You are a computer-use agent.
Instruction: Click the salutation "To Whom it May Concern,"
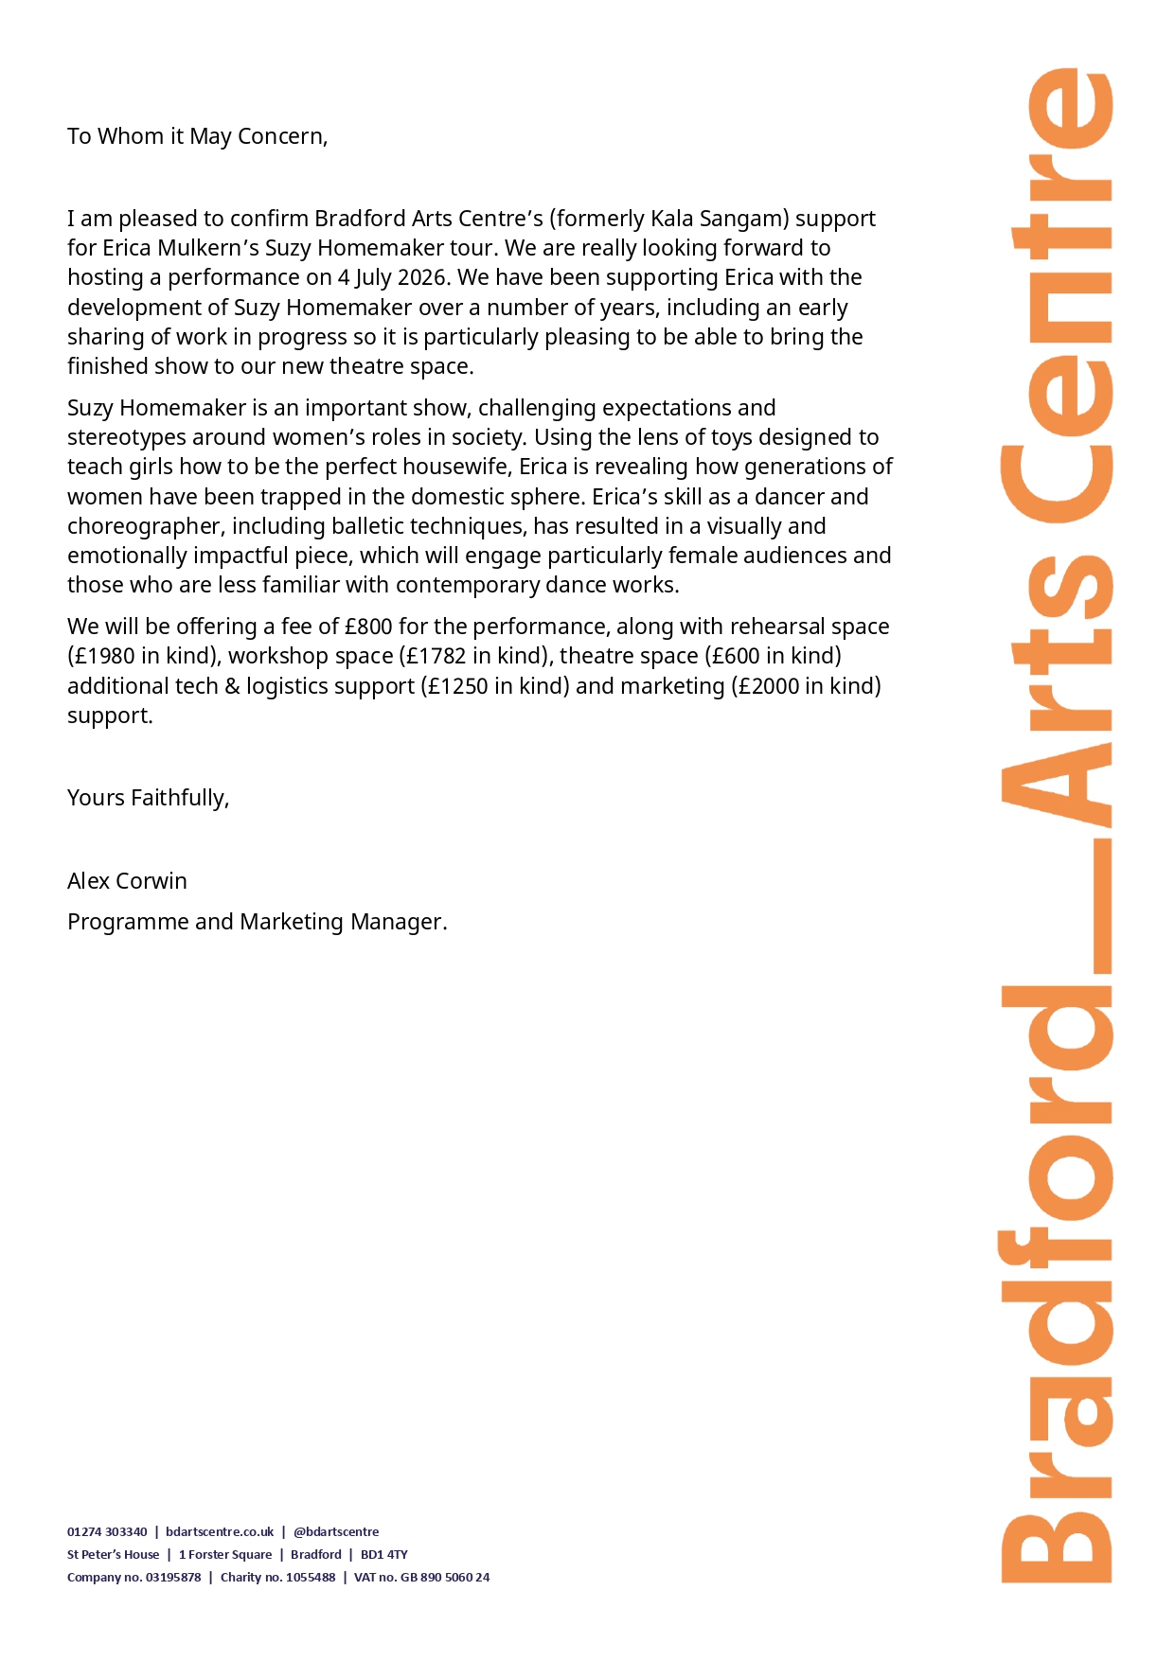[x=197, y=136]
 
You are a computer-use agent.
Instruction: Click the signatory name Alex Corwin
[x=127, y=881]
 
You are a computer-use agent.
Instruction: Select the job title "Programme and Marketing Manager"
[x=255, y=922]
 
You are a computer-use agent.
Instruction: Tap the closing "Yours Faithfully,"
[x=148, y=798]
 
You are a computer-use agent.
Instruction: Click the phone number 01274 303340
[x=107, y=1531]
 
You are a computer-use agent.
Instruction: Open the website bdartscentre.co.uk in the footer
[x=220, y=1531]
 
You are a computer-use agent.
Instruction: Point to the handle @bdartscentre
[x=336, y=1531]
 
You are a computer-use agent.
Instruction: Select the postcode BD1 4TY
[x=383, y=1554]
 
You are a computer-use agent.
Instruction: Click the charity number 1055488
[x=311, y=1577]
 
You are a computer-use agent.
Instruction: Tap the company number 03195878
[x=173, y=1577]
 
